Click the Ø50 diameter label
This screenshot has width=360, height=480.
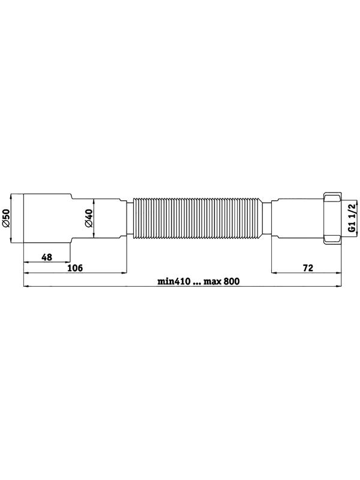pos(6,218)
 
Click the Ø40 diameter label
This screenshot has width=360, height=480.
pos(88,218)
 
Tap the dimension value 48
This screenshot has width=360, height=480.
pos(47,257)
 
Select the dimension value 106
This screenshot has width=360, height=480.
pos(75,268)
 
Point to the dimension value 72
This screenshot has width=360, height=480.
pos(308,268)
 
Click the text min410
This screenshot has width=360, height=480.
pos(174,281)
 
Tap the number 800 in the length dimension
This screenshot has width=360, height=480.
pos(232,281)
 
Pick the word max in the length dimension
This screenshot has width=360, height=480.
pos(213,281)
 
